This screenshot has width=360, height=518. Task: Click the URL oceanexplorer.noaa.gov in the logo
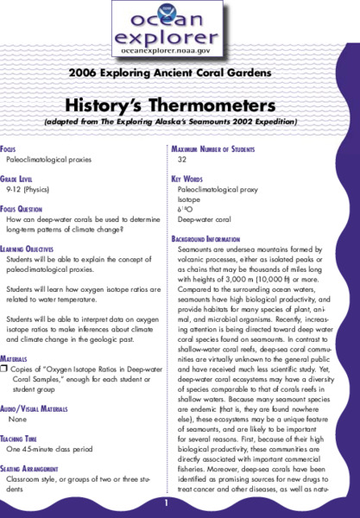click(x=180, y=51)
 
